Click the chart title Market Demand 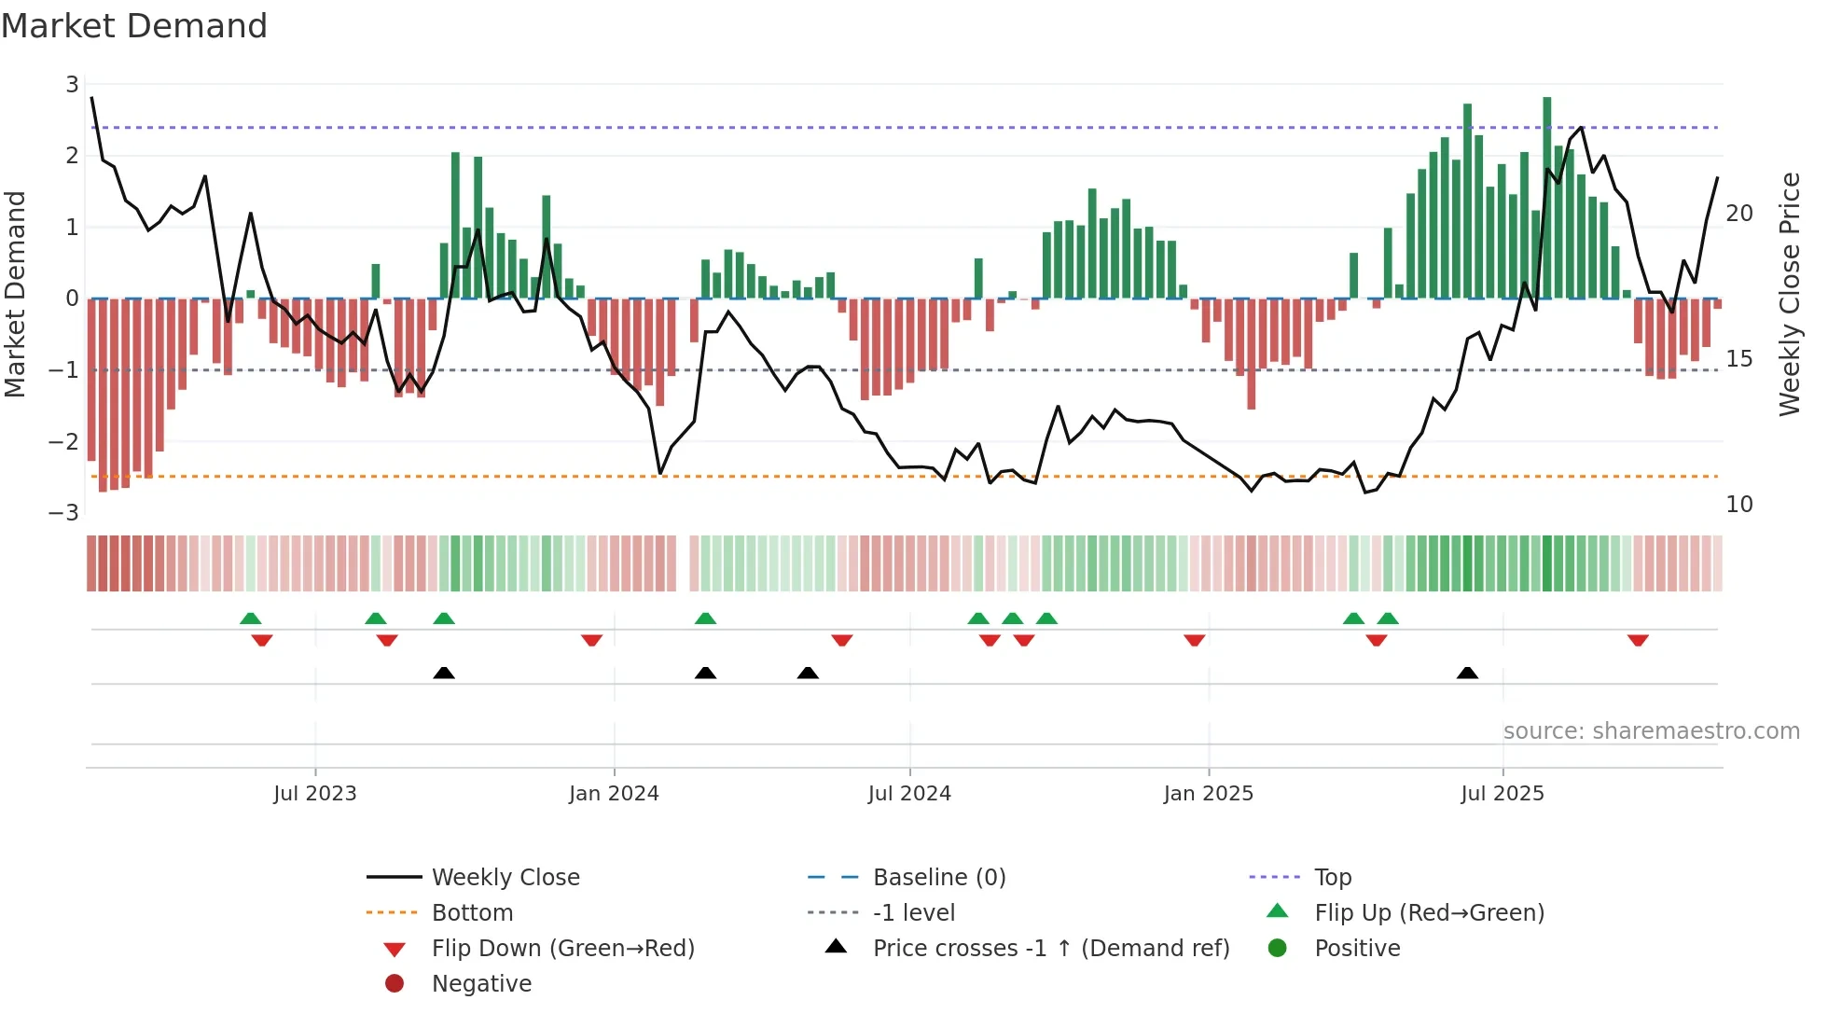pyautogui.click(x=134, y=26)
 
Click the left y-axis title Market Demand pyautogui.click(x=16, y=294)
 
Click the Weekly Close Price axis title pyautogui.click(x=1789, y=294)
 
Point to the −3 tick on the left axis pyautogui.click(x=64, y=512)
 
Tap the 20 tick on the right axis pyautogui.click(x=1739, y=214)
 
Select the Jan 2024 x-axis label pyautogui.click(x=614, y=794)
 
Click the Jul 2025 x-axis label pyautogui.click(x=1502, y=794)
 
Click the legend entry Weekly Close pyautogui.click(x=505, y=878)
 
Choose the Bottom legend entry pyautogui.click(x=472, y=913)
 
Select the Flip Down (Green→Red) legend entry pyautogui.click(x=562, y=949)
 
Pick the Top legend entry pyautogui.click(x=1332, y=878)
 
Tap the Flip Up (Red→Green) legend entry pyautogui.click(x=1429, y=913)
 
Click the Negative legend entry pyautogui.click(x=481, y=984)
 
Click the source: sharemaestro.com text pyautogui.click(x=1651, y=731)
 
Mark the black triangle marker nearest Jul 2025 pyautogui.click(x=1467, y=674)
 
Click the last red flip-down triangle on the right pyautogui.click(x=1638, y=640)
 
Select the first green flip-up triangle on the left pyautogui.click(x=250, y=618)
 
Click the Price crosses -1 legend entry pyautogui.click(x=1050, y=949)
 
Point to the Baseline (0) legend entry pyautogui.click(x=938, y=878)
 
